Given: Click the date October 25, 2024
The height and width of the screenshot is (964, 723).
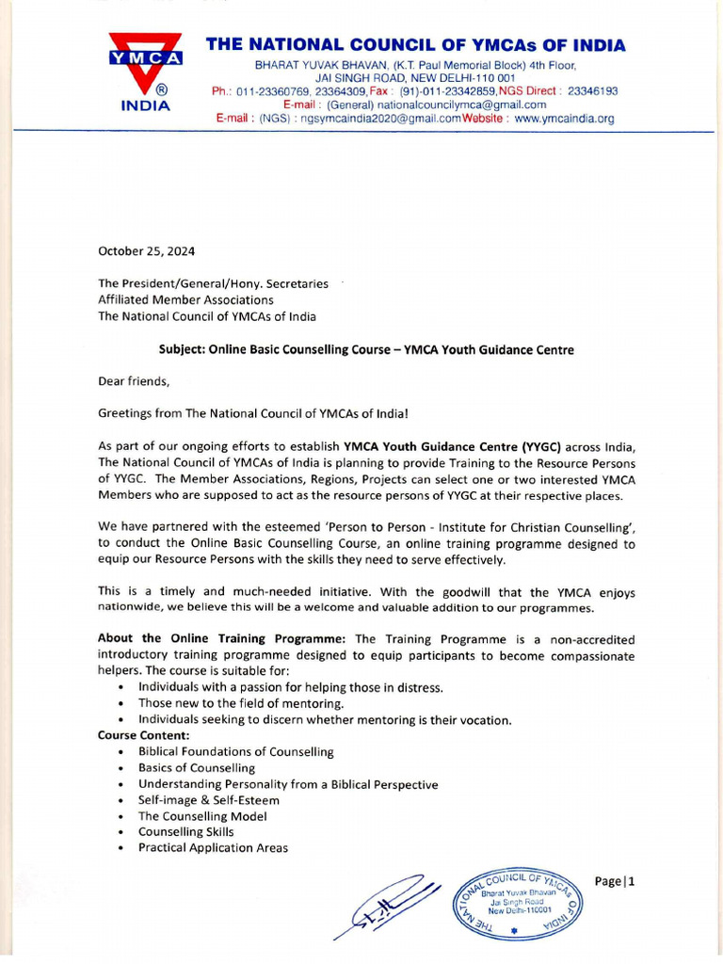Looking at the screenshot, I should [147, 251].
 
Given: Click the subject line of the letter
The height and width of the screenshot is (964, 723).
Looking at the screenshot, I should [366, 349].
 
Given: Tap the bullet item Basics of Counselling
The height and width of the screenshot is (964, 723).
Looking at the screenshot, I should [197, 768].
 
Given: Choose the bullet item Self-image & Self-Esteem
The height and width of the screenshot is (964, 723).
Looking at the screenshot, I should [209, 800].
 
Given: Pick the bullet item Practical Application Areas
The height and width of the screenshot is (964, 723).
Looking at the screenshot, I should [213, 848].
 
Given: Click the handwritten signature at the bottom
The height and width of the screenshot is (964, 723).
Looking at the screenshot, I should [392, 906].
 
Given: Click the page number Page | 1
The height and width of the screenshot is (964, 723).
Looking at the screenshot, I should [616, 881].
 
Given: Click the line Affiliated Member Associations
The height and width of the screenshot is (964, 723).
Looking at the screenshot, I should [185, 299].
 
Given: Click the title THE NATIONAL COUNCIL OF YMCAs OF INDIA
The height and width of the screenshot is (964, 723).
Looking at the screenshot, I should [415, 44].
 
